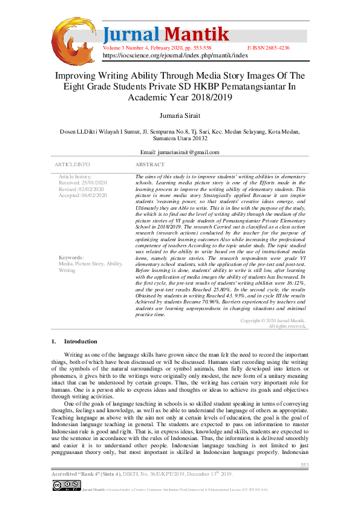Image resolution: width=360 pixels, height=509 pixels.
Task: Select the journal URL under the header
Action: click(x=175, y=54)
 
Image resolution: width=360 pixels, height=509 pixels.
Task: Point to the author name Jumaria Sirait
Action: click(x=180, y=115)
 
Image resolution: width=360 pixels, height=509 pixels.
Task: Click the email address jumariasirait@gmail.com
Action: click(x=180, y=152)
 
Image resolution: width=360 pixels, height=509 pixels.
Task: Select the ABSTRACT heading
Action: click(x=149, y=164)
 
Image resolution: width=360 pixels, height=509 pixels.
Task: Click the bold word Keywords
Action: click(x=71, y=258)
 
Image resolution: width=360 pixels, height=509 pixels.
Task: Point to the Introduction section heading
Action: click(x=80, y=342)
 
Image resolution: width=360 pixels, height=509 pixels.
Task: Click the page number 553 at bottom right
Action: click(x=304, y=464)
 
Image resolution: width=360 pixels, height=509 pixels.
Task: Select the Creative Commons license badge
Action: click(x=66, y=485)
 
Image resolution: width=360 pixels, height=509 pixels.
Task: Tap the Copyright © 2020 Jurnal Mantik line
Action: click(x=273, y=320)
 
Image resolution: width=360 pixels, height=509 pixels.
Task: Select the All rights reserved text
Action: click(x=287, y=326)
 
